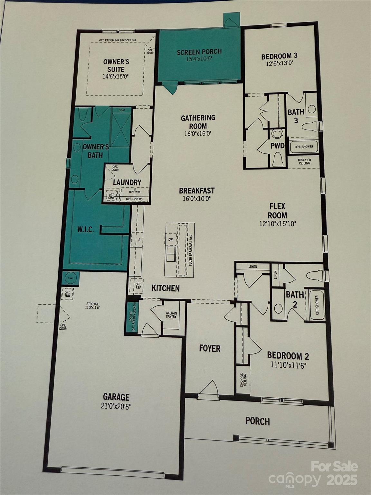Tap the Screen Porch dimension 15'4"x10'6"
tap(199, 59)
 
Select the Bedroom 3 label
tap(279, 56)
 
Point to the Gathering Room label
tap(198, 122)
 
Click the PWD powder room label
tap(277, 146)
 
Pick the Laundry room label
tap(127, 182)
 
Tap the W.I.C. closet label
tap(85, 230)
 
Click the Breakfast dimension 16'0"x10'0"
tap(197, 199)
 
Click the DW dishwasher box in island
tap(170, 239)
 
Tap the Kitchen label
tap(166, 288)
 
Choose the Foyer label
tap(210, 348)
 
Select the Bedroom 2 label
tap(288, 356)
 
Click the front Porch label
tap(258, 421)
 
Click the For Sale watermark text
tap(334, 466)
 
